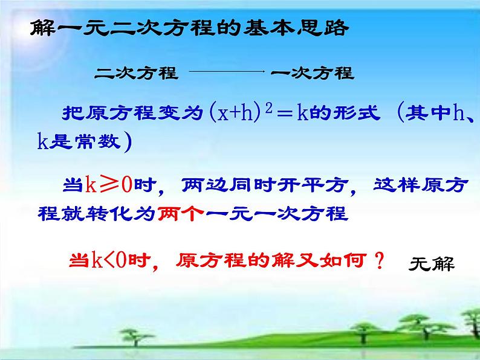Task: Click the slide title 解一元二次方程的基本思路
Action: (189, 28)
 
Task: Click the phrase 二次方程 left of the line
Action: (136, 74)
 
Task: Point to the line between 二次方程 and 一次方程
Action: (228, 72)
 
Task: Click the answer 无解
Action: (431, 263)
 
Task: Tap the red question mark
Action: (379, 261)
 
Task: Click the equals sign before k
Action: (287, 114)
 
